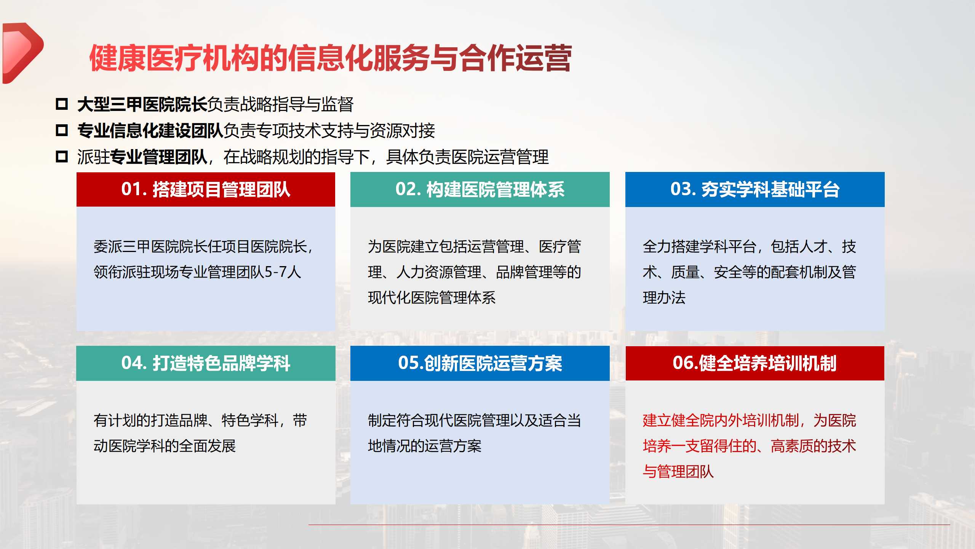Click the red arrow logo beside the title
(22, 53)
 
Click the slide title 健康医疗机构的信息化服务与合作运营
(330, 58)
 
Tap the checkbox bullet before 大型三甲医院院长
(62, 104)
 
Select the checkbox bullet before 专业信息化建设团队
(62, 130)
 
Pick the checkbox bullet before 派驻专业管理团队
(62, 156)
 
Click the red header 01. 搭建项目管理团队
(206, 189)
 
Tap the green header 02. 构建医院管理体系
(480, 189)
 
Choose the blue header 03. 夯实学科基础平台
(755, 189)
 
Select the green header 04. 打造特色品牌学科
(206, 363)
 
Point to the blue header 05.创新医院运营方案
(480, 363)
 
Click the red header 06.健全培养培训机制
(755, 363)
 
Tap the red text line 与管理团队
(678, 472)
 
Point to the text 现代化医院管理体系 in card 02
(432, 298)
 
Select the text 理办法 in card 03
(664, 298)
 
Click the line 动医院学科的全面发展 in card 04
(165, 446)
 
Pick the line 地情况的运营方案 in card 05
(425, 446)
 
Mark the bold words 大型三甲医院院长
(142, 104)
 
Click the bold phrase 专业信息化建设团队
(150, 131)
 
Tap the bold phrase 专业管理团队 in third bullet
(158, 157)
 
